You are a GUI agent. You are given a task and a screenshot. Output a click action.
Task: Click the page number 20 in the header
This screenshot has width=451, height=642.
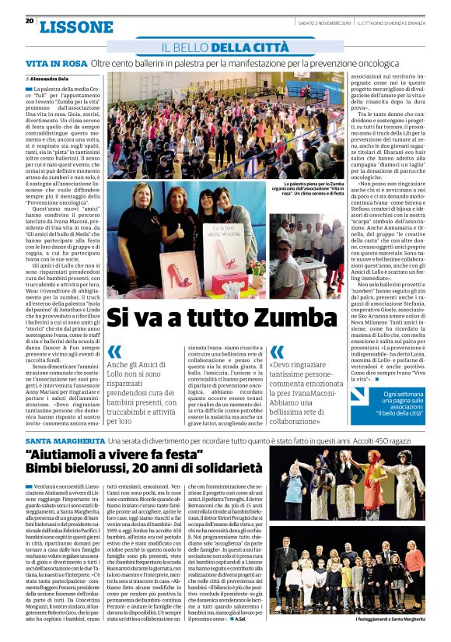coord(29,21)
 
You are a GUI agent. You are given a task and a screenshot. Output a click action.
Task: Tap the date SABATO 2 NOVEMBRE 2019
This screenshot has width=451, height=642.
coord(325,22)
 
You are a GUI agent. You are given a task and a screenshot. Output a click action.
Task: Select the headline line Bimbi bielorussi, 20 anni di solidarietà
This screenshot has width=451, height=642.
coord(143,469)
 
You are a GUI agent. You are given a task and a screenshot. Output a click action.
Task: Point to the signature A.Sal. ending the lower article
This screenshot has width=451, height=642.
coord(242,618)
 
